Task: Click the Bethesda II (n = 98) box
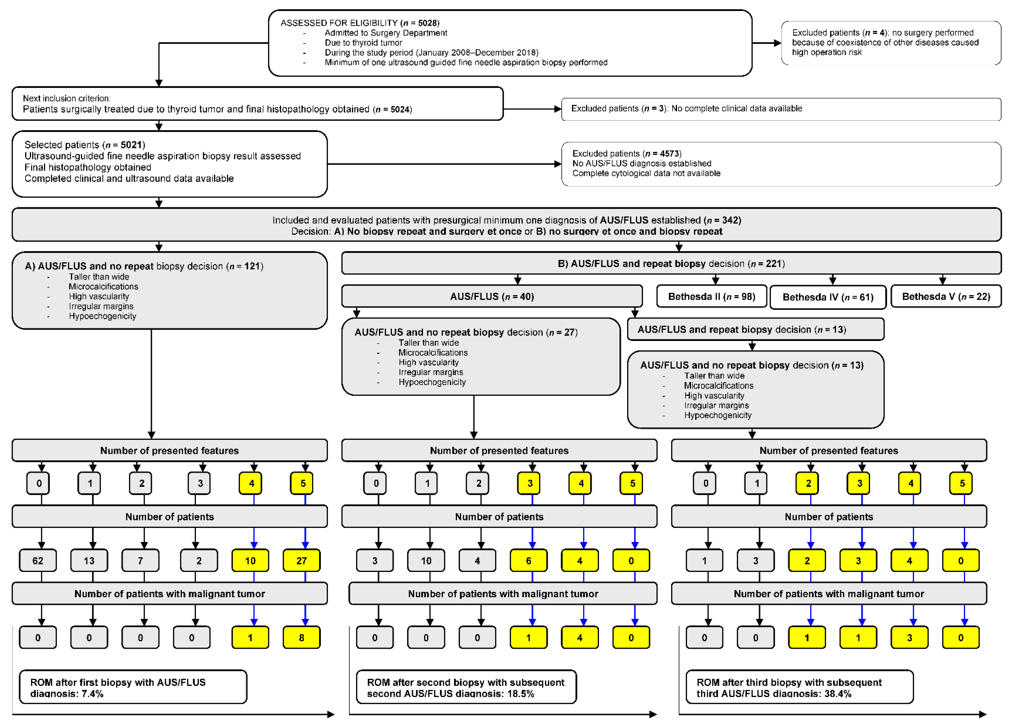point(712,297)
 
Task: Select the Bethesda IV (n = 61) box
point(828,297)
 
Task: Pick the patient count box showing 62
point(38,561)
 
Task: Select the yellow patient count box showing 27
point(301,561)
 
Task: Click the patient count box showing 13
point(89,561)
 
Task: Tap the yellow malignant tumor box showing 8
point(301,638)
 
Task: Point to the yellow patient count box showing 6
point(529,561)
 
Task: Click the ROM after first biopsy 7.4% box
point(133,687)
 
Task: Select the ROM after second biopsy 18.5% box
point(466,687)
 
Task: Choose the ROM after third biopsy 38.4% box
point(799,687)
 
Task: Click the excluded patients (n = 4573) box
point(781,164)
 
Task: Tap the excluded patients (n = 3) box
point(781,109)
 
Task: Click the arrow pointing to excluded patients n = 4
point(767,43)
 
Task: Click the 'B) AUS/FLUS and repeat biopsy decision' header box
point(671,264)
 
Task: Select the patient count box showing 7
point(140,561)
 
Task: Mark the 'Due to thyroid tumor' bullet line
point(363,43)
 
